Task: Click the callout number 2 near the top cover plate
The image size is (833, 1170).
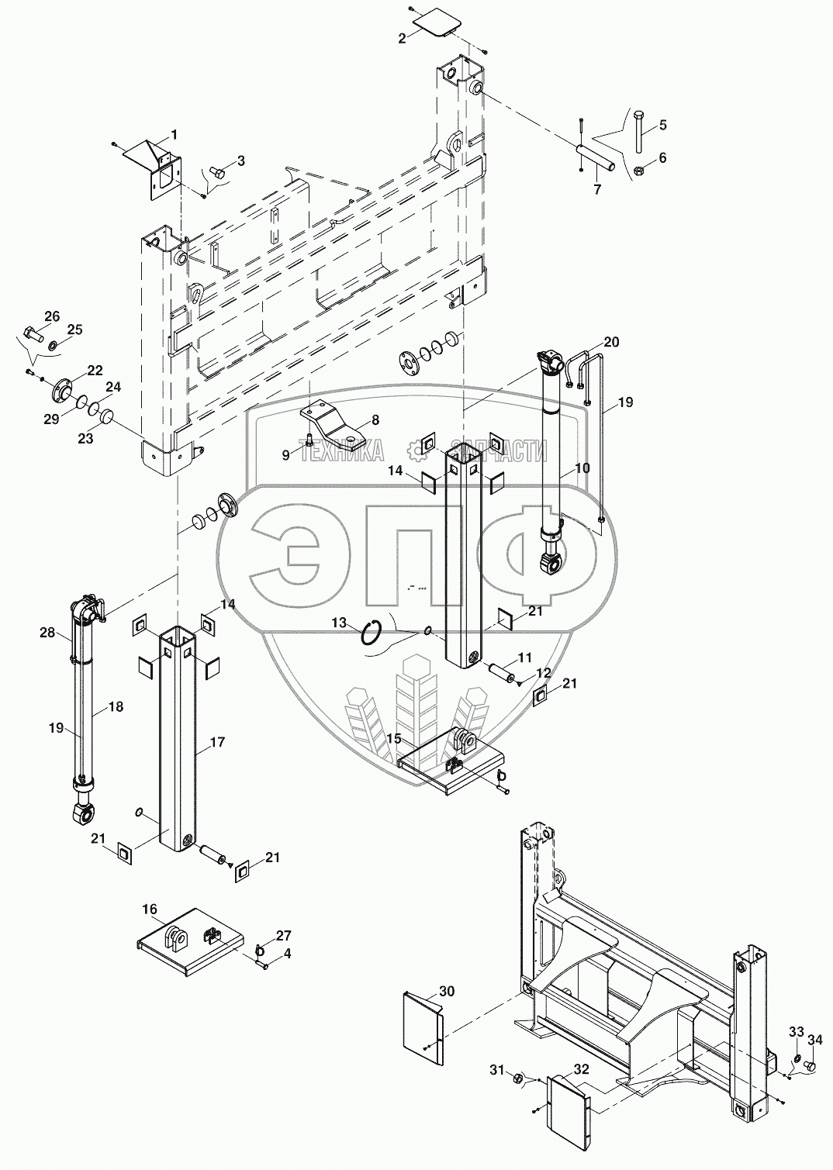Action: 402,38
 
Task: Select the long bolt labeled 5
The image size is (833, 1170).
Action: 638,132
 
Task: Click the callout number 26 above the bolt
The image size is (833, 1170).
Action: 52,316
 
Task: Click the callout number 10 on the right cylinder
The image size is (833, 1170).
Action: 582,468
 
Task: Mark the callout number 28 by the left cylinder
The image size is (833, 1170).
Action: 47,633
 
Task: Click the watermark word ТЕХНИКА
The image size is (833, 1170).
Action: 340,450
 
